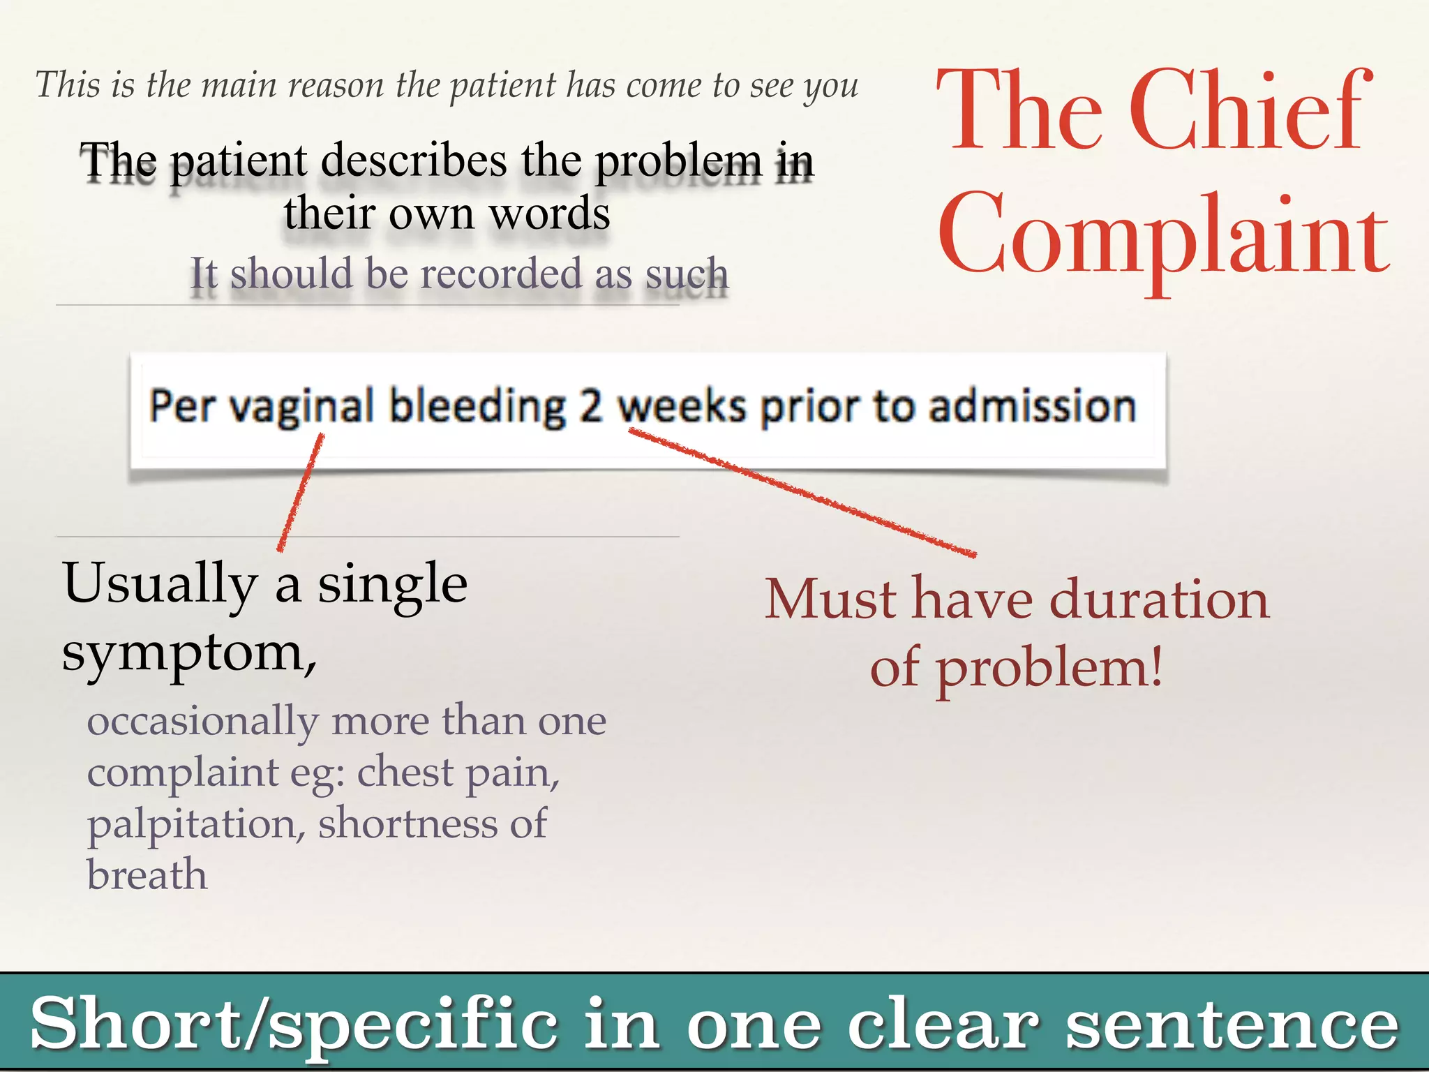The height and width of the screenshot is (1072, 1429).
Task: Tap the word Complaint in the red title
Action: (x=1163, y=236)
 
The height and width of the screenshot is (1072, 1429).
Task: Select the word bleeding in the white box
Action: (x=477, y=406)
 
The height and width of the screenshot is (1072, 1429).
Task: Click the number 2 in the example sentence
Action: (x=590, y=406)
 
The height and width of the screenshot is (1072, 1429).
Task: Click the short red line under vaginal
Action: (x=301, y=492)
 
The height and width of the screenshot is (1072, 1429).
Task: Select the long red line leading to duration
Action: (x=802, y=493)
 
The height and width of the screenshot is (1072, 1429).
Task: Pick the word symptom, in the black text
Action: (x=189, y=654)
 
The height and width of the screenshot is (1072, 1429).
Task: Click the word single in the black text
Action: (x=393, y=583)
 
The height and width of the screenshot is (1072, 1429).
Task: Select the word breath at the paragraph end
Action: (x=147, y=875)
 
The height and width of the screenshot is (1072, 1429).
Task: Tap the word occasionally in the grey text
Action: (x=202, y=722)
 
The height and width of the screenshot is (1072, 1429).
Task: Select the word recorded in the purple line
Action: (x=500, y=274)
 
